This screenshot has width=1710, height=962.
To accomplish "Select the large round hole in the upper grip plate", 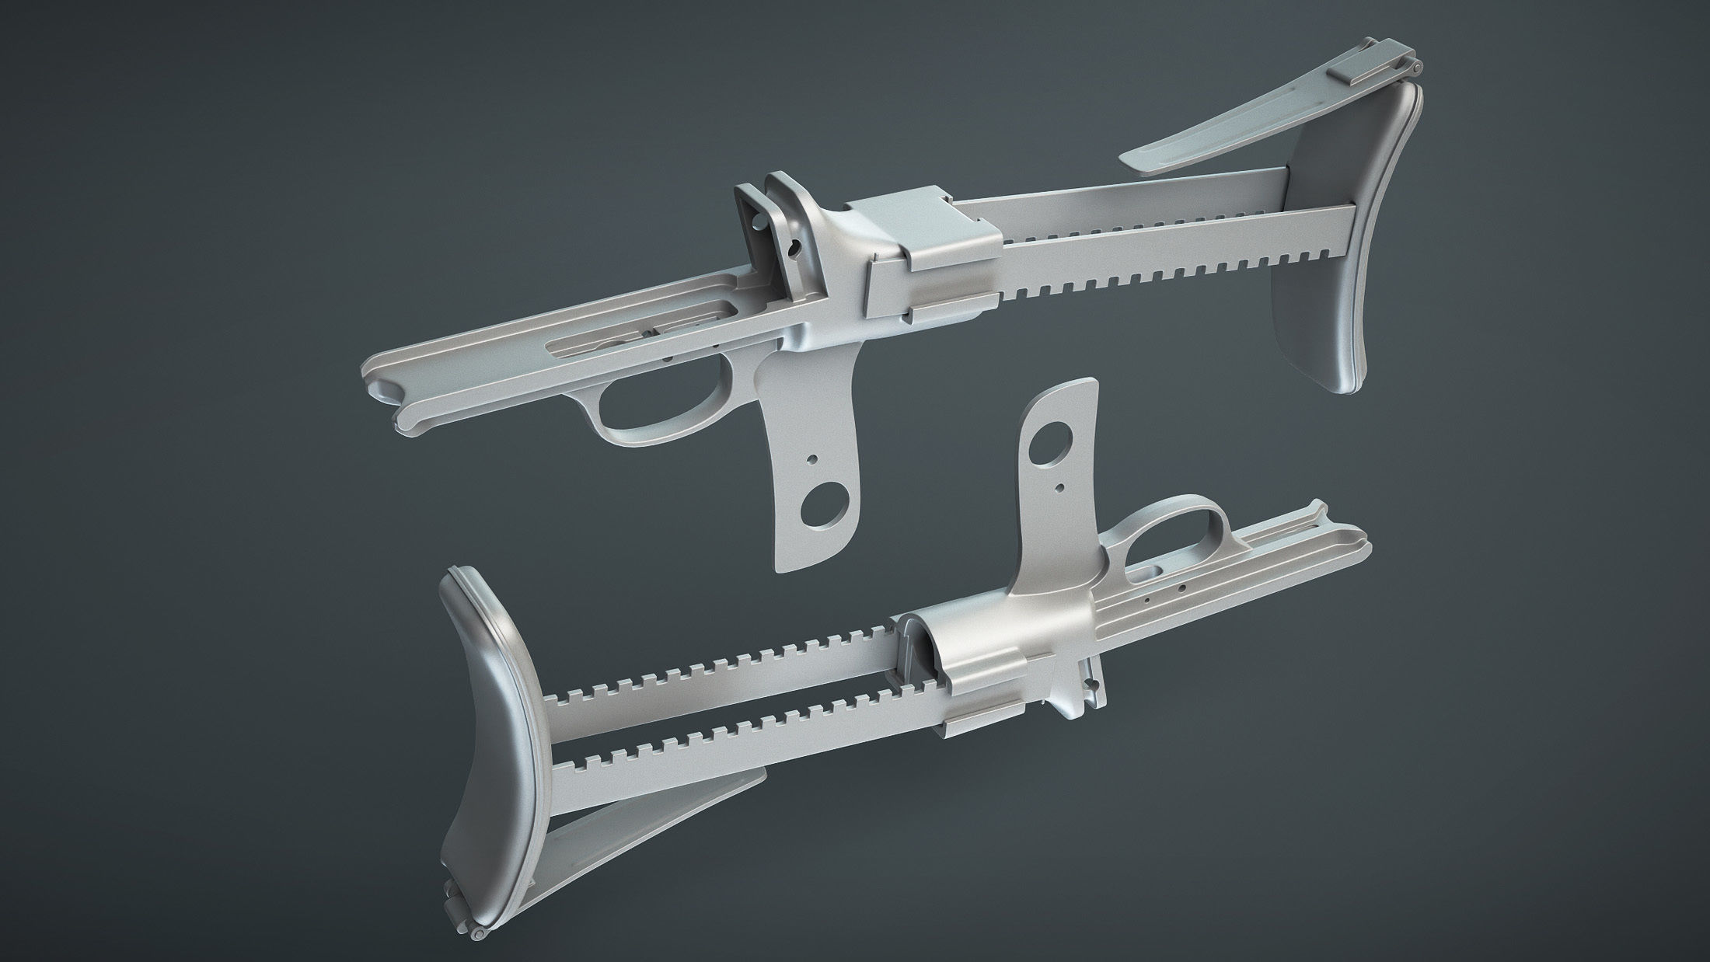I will pyautogui.click(x=822, y=504).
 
